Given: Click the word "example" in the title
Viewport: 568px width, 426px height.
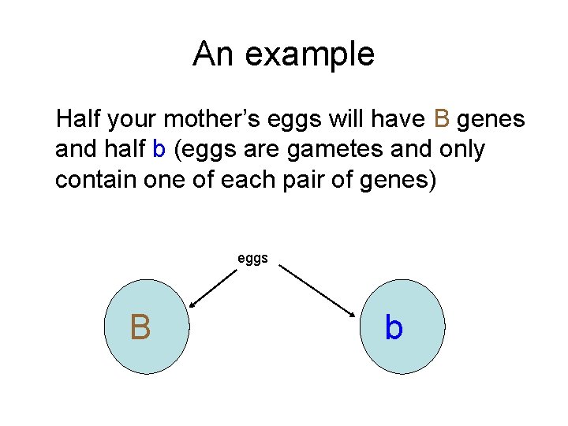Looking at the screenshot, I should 310,54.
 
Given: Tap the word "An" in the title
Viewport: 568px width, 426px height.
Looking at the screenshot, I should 214,54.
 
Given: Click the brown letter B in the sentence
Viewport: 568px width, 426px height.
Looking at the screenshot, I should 443,119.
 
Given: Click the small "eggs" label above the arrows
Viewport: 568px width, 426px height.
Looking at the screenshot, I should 252,258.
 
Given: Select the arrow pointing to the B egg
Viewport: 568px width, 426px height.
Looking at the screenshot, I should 212,286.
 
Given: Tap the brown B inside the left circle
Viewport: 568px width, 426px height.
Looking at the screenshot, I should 140,327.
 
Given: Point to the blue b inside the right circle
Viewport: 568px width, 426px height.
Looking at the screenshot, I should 394,327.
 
